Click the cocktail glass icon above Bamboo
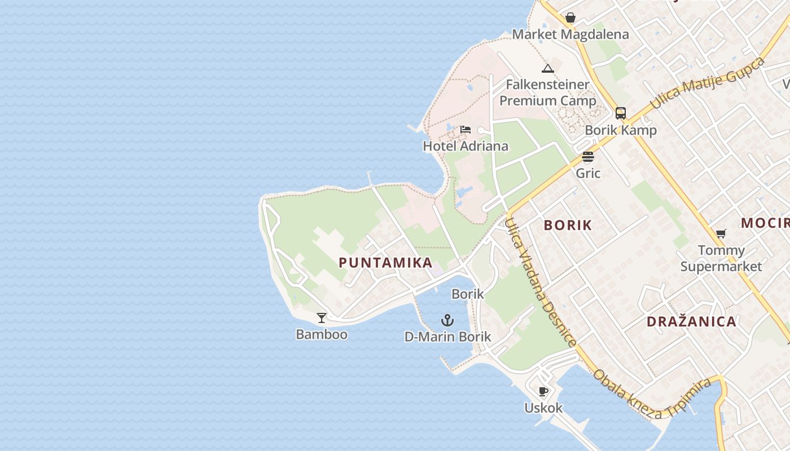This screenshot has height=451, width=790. click(322, 318)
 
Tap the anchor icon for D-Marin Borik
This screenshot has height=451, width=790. click(447, 321)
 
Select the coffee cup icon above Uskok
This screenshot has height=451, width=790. click(543, 391)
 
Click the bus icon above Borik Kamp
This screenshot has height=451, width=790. click(621, 113)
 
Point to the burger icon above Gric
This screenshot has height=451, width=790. click(588, 157)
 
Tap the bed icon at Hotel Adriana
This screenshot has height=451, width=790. click(465, 130)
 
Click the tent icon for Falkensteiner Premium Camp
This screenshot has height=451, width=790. click(547, 69)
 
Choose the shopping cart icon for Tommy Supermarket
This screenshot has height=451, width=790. click(721, 233)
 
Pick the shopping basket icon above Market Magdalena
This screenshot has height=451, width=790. click(570, 17)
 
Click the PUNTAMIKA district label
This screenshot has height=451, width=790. click(385, 262)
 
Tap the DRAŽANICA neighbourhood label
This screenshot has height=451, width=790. click(691, 322)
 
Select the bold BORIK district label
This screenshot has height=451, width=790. click(568, 225)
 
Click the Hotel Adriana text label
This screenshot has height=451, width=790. click(466, 146)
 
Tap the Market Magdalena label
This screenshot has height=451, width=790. click(570, 34)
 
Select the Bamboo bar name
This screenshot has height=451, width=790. click(322, 334)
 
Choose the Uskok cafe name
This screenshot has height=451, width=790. click(543, 408)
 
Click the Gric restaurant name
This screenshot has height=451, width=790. click(588, 173)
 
